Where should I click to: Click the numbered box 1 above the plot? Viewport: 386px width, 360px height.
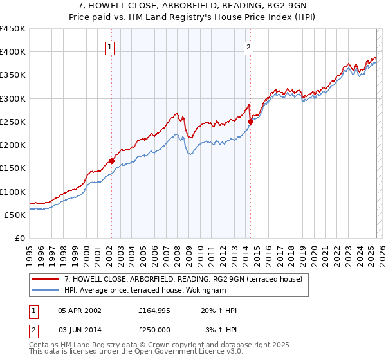pyautogui.click(x=110, y=46)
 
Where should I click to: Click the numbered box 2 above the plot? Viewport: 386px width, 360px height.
pyautogui.click(x=248, y=46)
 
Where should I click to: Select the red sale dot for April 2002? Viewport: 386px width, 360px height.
pyautogui.click(x=111, y=161)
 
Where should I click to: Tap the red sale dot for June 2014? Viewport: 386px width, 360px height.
pyautogui.click(x=250, y=122)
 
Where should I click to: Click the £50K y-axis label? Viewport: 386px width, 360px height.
pyautogui.click(x=15, y=215)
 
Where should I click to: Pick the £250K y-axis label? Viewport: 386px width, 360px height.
pyautogui.click(x=13, y=122)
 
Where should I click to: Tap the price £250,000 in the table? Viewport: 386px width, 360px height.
pyautogui.click(x=156, y=330)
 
